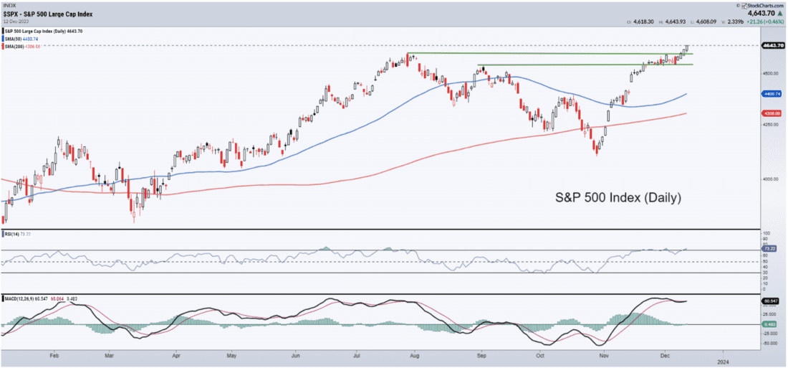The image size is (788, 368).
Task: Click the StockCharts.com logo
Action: (x=761, y=5)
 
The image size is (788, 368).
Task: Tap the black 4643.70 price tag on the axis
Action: (x=772, y=45)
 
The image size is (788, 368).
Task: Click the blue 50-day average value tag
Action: (x=772, y=93)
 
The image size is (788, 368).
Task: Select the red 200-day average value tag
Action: (x=772, y=113)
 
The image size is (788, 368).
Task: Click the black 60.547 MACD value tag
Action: (x=771, y=301)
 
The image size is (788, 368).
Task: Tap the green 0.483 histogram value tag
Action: (x=771, y=324)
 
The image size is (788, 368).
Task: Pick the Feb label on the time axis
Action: (x=54, y=354)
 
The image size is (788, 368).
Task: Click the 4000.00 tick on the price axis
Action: (x=771, y=179)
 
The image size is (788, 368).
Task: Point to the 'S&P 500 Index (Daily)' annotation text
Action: (x=618, y=197)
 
